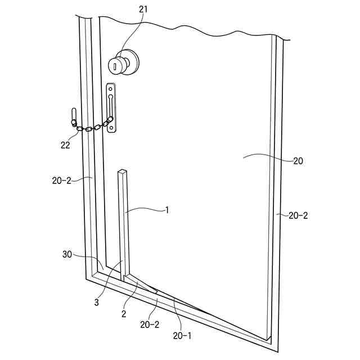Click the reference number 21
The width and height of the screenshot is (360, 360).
click(x=143, y=10)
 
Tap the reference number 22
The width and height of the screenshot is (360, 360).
click(x=66, y=145)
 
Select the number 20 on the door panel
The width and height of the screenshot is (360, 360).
click(x=298, y=160)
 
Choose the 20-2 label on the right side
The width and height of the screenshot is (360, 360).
click(x=298, y=215)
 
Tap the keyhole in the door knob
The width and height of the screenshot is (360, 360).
click(x=114, y=66)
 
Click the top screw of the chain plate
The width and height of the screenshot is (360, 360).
click(x=112, y=88)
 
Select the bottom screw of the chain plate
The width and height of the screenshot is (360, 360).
click(x=112, y=128)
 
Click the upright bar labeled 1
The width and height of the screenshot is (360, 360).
click(x=124, y=225)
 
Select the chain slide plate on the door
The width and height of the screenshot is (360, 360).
click(x=112, y=108)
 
